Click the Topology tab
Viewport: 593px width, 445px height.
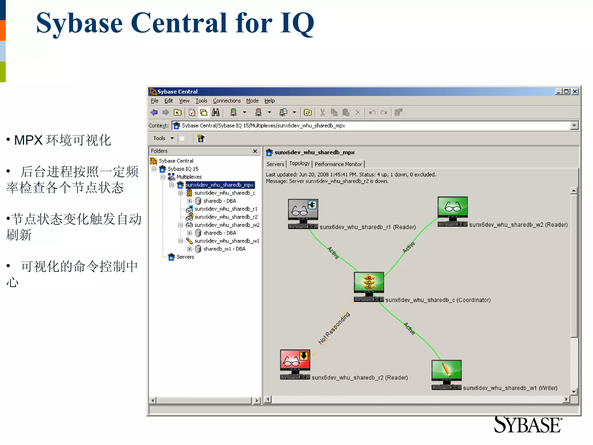click(299, 164)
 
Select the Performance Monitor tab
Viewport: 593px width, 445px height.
click(338, 164)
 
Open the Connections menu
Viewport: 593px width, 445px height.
click(227, 101)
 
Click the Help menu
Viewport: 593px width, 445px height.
click(269, 101)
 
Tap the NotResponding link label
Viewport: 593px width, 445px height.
click(334, 328)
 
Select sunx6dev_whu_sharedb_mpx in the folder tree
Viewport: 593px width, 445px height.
click(220, 185)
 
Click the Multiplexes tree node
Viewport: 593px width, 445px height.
click(189, 177)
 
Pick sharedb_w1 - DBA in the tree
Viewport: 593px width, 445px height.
click(224, 249)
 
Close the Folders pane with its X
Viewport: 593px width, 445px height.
click(255, 151)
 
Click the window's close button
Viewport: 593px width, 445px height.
click(575, 92)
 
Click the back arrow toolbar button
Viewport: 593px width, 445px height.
click(154, 112)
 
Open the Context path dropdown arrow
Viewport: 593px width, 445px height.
click(574, 126)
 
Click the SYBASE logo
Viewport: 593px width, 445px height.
click(527, 425)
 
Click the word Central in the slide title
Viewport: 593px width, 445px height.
click(179, 23)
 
